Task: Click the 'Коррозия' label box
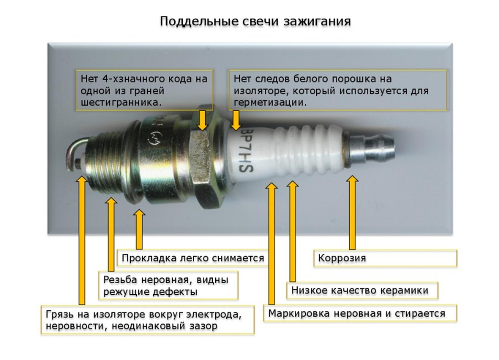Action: tap(385, 258)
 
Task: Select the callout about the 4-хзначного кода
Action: tap(144, 90)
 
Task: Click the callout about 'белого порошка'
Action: tap(338, 90)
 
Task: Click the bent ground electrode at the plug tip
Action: tap(76, 153)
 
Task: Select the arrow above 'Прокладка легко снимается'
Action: tap(139, 229)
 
